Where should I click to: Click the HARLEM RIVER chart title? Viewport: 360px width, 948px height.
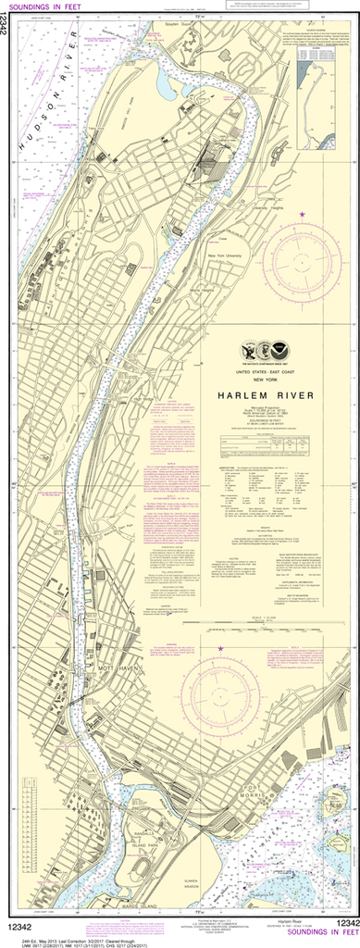point(266,395)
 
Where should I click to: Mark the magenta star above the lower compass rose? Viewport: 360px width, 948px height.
point(220,649)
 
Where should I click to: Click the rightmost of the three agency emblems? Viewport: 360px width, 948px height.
point(283,351)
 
